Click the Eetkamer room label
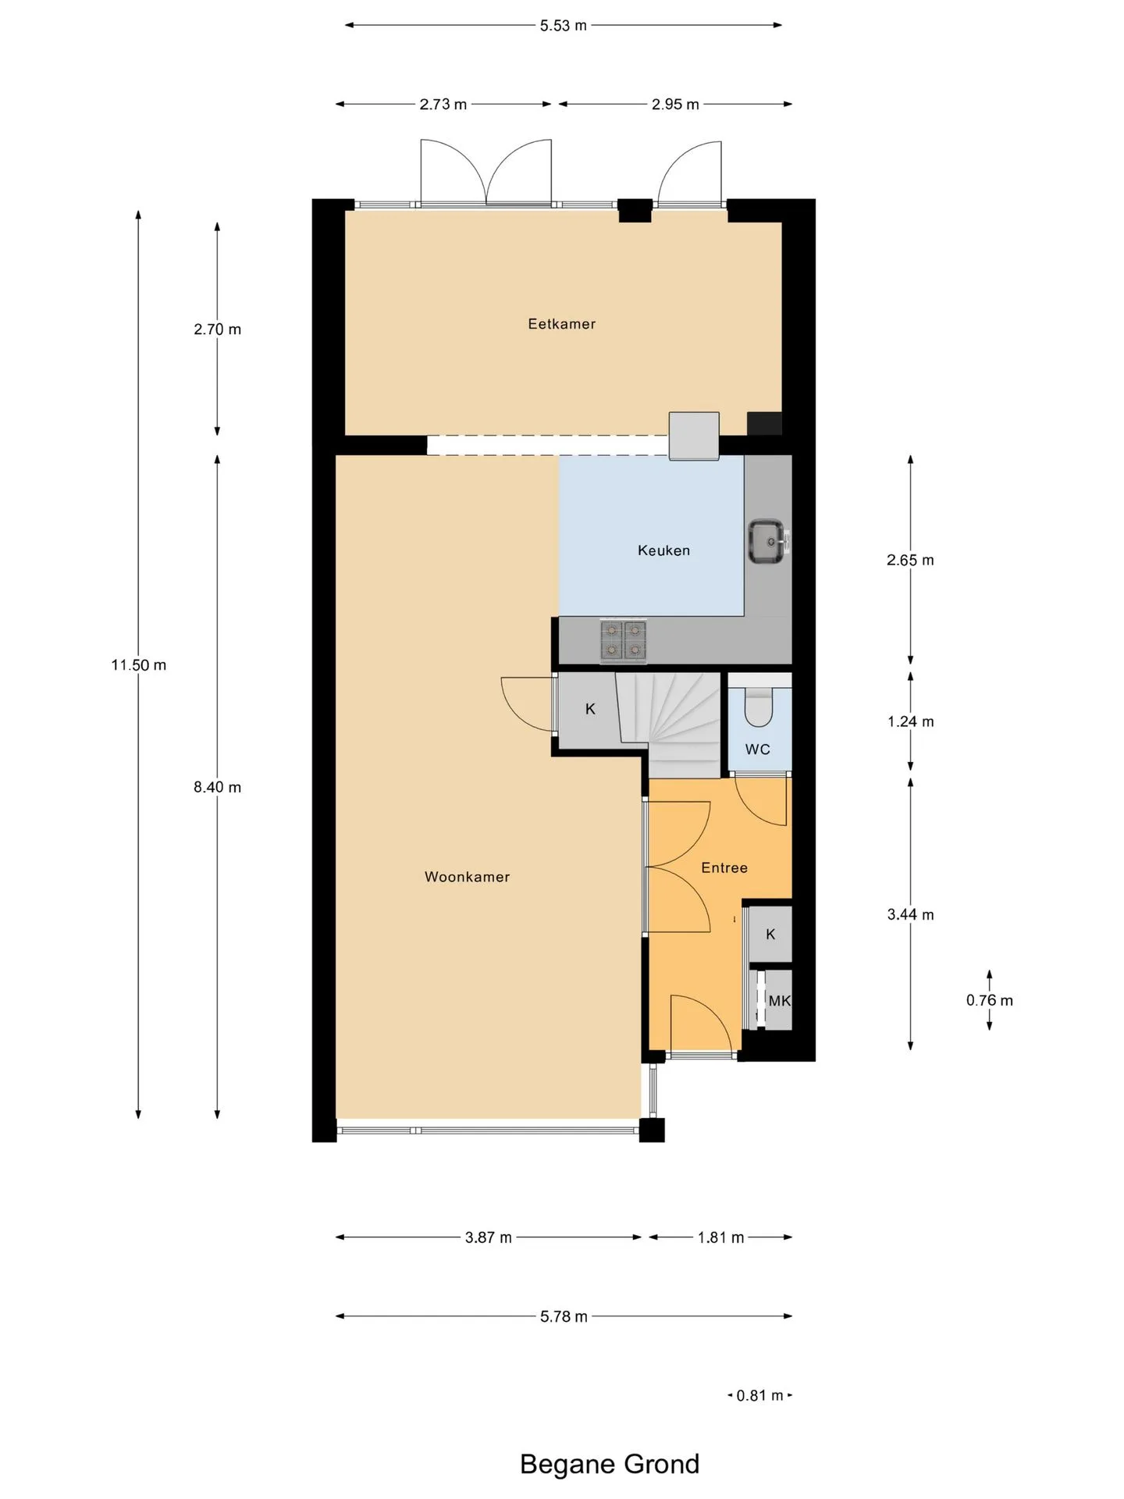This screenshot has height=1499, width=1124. [x=561, y=324]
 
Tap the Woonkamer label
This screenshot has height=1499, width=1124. [x=467, y=877]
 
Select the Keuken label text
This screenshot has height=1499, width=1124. [x=663, y=550]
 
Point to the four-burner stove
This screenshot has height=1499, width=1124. [x=624, y=640]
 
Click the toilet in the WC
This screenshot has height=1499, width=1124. [x=758, y=707]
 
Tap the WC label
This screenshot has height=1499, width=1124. [x=757, y=749]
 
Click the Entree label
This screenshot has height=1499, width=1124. [x=724, y=867]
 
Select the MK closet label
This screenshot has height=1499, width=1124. [x=779, y=1001]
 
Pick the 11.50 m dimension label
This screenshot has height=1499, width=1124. [x=139, y=665]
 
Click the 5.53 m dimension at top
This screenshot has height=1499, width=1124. [x=564, y=26]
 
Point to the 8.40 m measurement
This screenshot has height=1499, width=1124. [x=218, y=787]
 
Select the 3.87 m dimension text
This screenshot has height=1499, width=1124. [x=489, y=1237]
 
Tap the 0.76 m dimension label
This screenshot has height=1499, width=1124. [x=990, y=1000]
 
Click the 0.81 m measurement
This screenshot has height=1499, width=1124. [x=759, y=1395]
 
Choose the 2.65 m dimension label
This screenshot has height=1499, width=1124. [x=910, y=560]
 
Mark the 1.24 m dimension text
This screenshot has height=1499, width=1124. [x=910, y=721]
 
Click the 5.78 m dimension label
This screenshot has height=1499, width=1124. [x=564, y=1317]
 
